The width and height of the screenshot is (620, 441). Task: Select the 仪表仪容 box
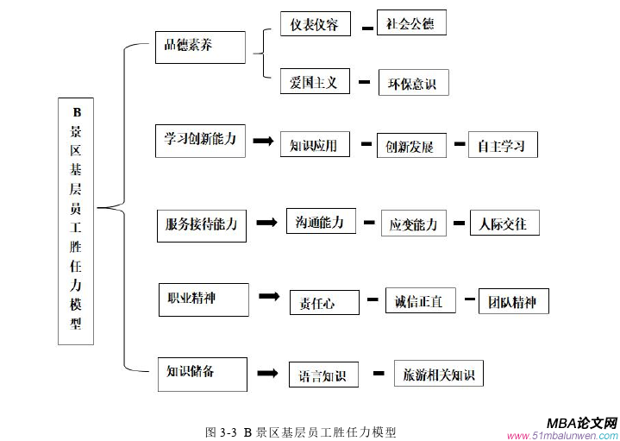(316, 24)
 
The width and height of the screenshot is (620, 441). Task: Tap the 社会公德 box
(412, 23)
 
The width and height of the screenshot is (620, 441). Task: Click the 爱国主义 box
(315, 83)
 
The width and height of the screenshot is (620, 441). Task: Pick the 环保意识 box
(414, 84)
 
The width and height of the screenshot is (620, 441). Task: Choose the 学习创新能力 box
(200, 139)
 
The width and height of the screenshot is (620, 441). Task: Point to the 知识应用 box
(315, 145)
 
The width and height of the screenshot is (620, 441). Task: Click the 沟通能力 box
(320, 222)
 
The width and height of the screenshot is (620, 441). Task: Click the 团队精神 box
(513, 301)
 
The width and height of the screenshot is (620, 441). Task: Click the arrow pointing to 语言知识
(268, 374)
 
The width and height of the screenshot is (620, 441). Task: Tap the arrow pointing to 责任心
(268, 296)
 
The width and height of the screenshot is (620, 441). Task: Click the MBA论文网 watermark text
(582, 423)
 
